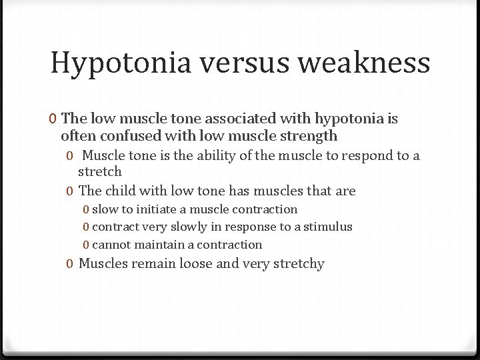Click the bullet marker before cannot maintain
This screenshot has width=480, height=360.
tap(87, 245)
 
